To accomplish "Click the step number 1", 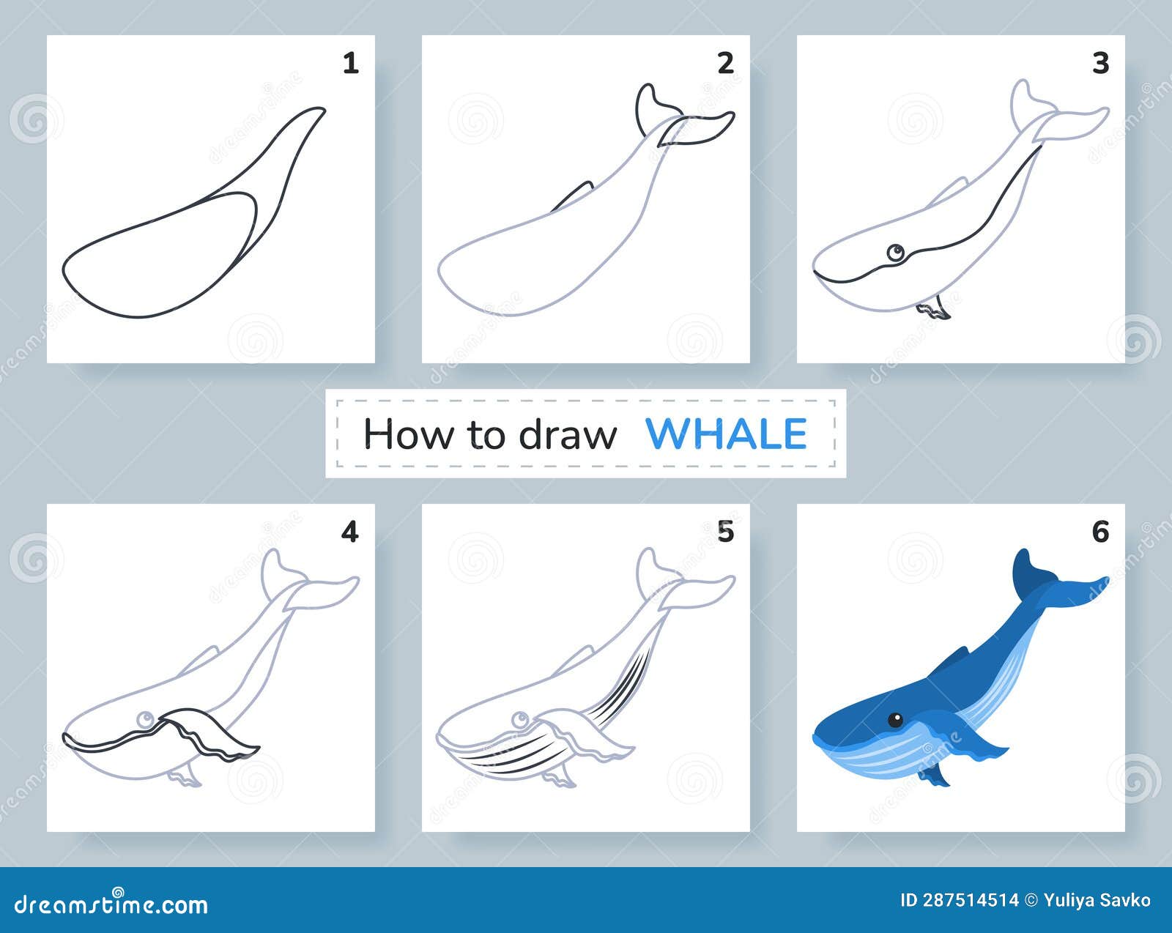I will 351,64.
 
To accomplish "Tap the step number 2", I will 725,64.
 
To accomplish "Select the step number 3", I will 1100,64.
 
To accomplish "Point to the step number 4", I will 350,532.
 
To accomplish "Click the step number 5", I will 725,532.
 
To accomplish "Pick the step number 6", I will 1100,532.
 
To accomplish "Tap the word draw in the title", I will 568,434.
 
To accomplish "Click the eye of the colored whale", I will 895,721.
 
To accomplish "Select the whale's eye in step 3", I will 895,253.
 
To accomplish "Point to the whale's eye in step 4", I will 145,720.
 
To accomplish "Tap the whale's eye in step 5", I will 521,720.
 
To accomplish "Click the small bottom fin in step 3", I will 934,308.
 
